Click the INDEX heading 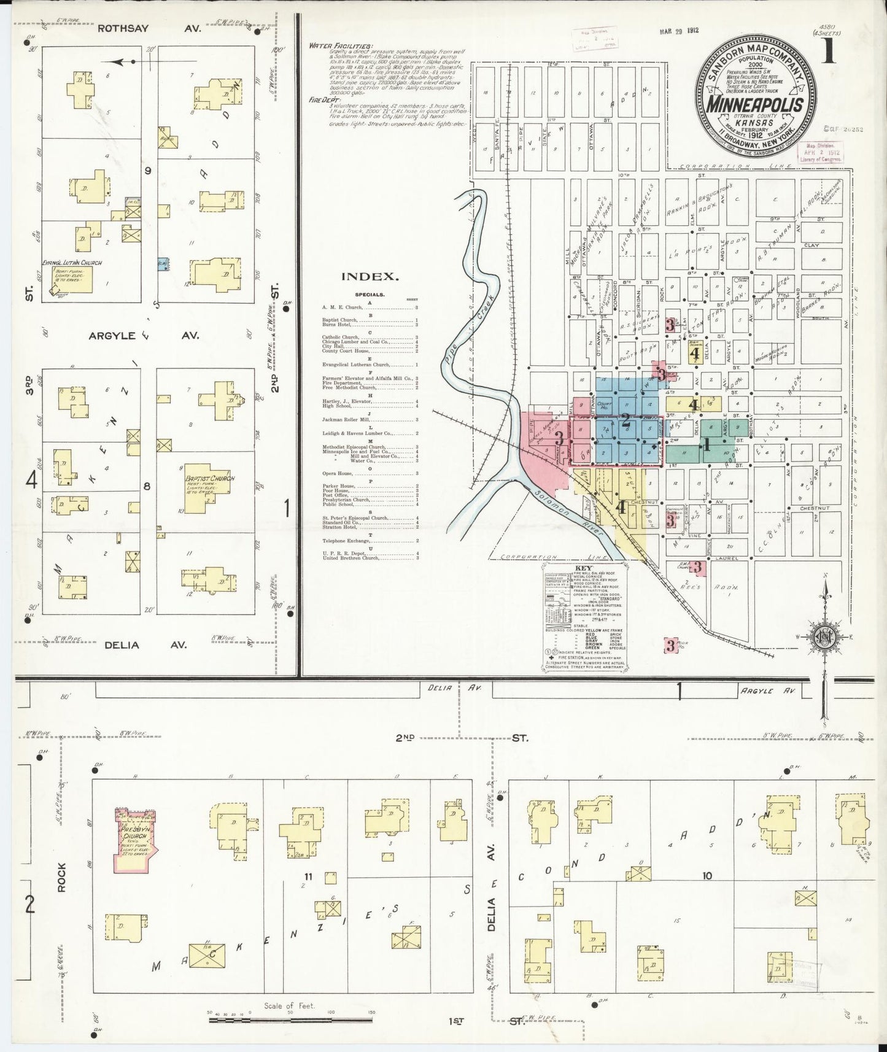point(370,277)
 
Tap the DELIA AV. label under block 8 point(145,645)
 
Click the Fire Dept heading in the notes point(326,98)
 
